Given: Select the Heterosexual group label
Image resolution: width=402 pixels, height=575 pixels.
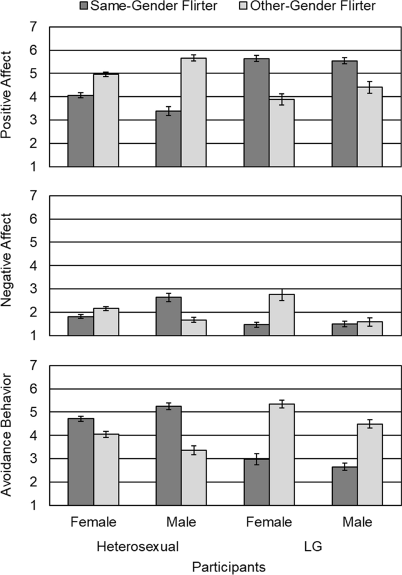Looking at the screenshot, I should (x=137, y=545).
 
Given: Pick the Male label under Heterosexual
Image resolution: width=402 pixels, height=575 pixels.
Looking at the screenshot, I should (x=181, y=522).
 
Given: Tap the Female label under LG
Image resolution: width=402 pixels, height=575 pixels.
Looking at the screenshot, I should (x=269, y=522).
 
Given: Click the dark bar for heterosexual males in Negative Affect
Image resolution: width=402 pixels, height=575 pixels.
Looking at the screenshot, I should (x=168, y=316).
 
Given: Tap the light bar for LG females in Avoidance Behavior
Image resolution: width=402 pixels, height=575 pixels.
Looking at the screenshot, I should (x=282, y=454).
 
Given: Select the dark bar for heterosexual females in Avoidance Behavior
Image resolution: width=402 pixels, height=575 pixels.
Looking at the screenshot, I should (x=81, y=461).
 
